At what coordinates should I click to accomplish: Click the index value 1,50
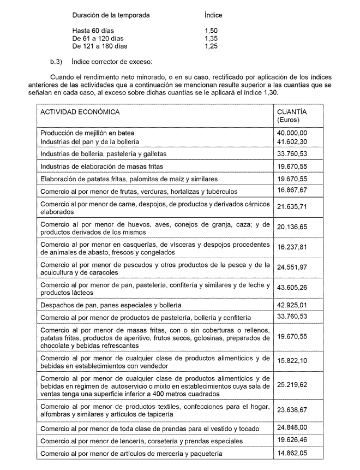pyautogui.click(x=211, y=31)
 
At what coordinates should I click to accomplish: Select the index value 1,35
pyautogui.click(x=211, y=39)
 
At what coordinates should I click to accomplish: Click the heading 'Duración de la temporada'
pyautogui.click(x=111, y=15)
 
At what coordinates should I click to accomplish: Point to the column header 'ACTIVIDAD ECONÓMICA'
pyautogui.click(x=80, y=112)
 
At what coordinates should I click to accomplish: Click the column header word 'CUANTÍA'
pyautogui.click(x=292, y=112)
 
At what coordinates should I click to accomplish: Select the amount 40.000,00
pyautogui.click(x=292, y=133)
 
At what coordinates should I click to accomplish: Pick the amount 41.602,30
pyautogui.click(x=292, y=141)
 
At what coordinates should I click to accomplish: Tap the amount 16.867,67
pyautogui.click(x=292, y=190)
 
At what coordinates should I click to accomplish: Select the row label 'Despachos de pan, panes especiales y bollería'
pyautogui.click(x=111, y=305)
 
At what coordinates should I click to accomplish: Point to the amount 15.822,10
pyautogui.click(x=292, y=361)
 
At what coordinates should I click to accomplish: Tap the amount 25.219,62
pyautogui.click(x=292, y=384)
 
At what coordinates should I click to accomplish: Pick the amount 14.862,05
pyautogui.click(x=292, y=453)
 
